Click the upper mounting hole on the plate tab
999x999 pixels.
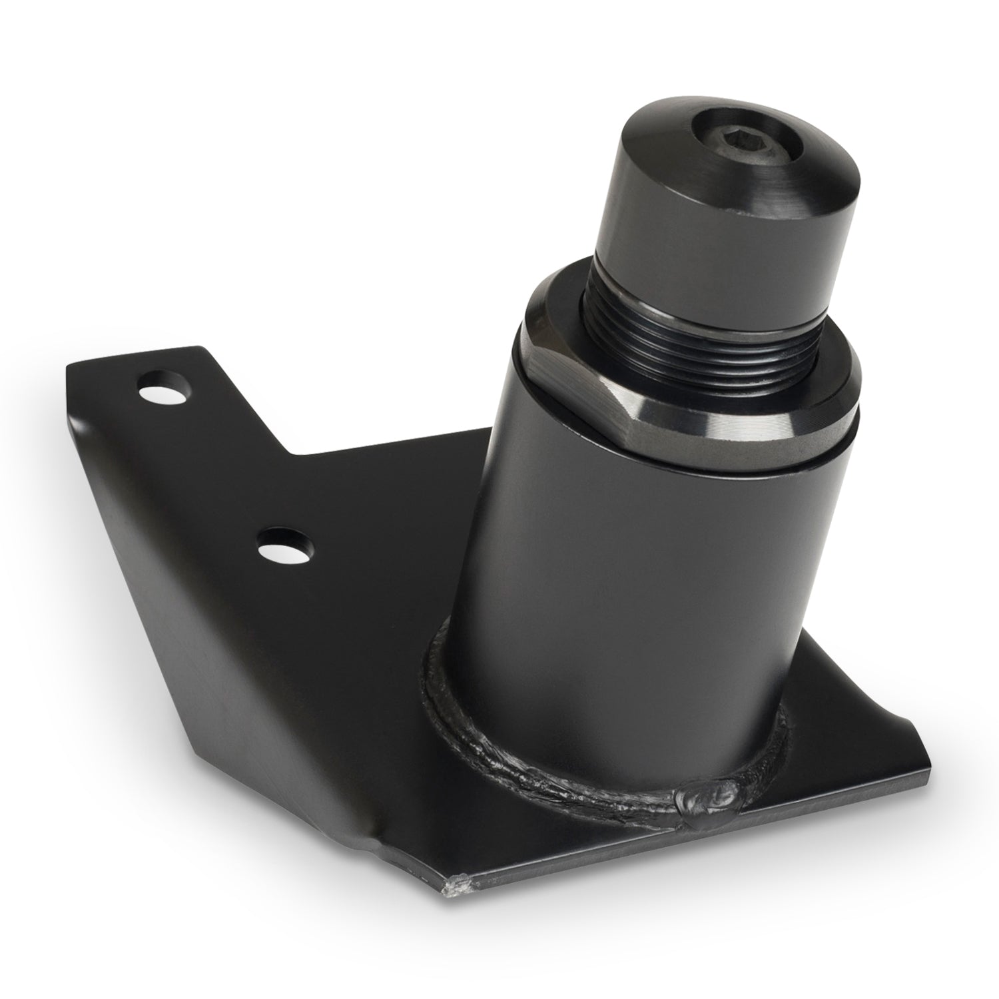point(164,389)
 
